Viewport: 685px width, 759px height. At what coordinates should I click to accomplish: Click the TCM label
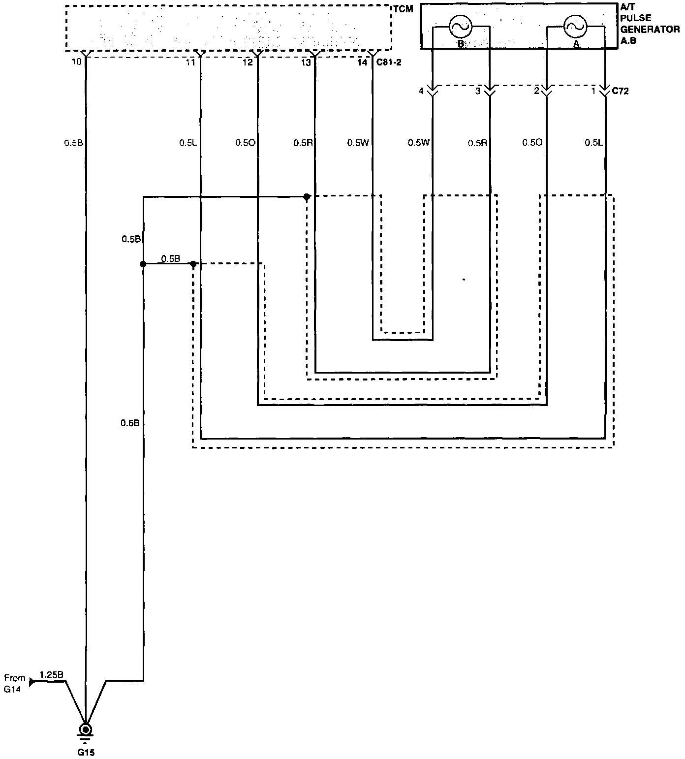point(403,9)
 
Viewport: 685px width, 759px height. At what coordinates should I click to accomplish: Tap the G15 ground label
point(86,752)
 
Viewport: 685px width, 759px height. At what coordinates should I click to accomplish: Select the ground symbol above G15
point(86,730)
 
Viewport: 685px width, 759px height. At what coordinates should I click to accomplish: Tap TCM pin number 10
point(76,62)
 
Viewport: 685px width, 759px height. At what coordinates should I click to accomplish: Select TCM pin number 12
point(248,62)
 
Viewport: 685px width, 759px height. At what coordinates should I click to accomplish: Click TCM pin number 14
point(362,62)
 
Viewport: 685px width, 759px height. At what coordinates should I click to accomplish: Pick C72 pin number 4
point(421,91)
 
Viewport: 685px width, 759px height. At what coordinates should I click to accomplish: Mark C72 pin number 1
point(593,91)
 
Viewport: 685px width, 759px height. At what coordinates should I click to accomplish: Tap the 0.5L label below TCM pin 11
point(188,143)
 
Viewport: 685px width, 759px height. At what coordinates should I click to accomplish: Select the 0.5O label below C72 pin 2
point(532,143)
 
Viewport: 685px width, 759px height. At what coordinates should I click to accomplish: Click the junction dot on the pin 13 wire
point(307,197)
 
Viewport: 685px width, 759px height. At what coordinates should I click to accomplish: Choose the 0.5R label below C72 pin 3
point(477,143)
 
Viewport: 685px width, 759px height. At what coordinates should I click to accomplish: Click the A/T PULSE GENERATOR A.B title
point(649,24)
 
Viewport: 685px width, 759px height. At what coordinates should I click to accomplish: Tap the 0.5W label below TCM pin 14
point(358,143)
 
